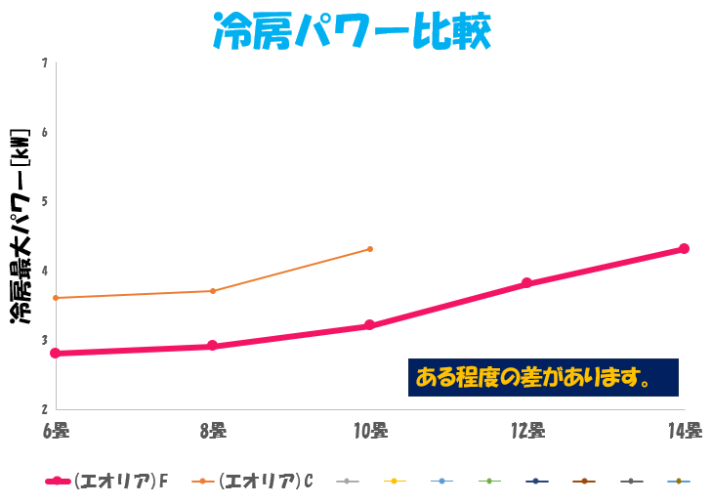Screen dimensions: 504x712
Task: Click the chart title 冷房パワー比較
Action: click(351, 32)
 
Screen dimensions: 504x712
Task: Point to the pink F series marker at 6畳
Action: click(56, 353)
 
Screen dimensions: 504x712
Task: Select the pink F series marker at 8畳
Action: click(213, 346)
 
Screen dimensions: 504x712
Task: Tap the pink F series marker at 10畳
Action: click(370, 325)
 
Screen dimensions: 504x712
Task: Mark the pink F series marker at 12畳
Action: click(526, 283)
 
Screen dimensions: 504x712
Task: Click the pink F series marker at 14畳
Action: click(684, 249)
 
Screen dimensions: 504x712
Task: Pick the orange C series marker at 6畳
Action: click(56, 298)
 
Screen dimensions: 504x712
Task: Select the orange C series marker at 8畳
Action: click(213, 291)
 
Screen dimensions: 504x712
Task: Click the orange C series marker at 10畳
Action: click(370, 249)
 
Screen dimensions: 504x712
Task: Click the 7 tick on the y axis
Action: click(45, 63)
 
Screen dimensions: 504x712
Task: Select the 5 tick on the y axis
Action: click(45, 201)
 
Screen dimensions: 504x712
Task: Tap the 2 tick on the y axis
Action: click(45, 408)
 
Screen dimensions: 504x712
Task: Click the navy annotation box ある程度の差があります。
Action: click(543, 377)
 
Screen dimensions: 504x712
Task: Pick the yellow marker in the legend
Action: click(395, 482)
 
